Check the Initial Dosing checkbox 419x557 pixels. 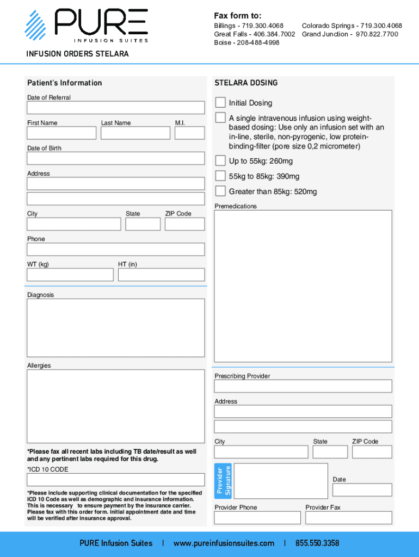[220, 102]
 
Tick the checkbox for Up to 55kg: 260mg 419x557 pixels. [220, 160]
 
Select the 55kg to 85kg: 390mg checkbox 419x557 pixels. [220, 176]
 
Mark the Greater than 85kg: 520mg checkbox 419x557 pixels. [220, 191]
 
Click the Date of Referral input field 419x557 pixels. [116, 108]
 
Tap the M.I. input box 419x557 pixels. [190, 133]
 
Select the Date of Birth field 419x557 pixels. [116, 158]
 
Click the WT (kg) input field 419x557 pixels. [70, 275]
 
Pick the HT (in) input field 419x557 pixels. [161, 275]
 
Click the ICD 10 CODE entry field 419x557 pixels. [116, 480]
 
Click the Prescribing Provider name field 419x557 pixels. [303, 386]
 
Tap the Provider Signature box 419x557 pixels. [280, 481]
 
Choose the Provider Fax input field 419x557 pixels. [348, 517]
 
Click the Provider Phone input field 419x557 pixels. [257, 517]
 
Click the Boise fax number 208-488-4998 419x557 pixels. [257, 42]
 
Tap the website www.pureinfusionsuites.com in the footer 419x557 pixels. [224, 543]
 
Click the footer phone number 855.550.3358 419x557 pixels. [317, 543]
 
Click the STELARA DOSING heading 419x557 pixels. [246, 83]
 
